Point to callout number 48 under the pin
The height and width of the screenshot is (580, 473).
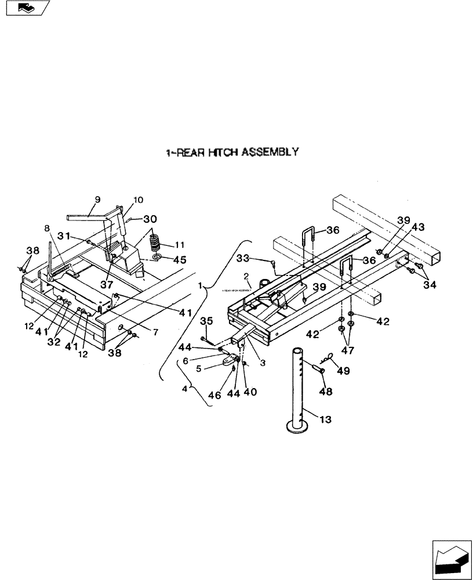(325, 391)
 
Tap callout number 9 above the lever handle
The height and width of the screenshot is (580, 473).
(97, 199)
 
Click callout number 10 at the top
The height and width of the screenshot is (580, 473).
(138, 200)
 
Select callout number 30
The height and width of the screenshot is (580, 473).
(150, 219)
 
